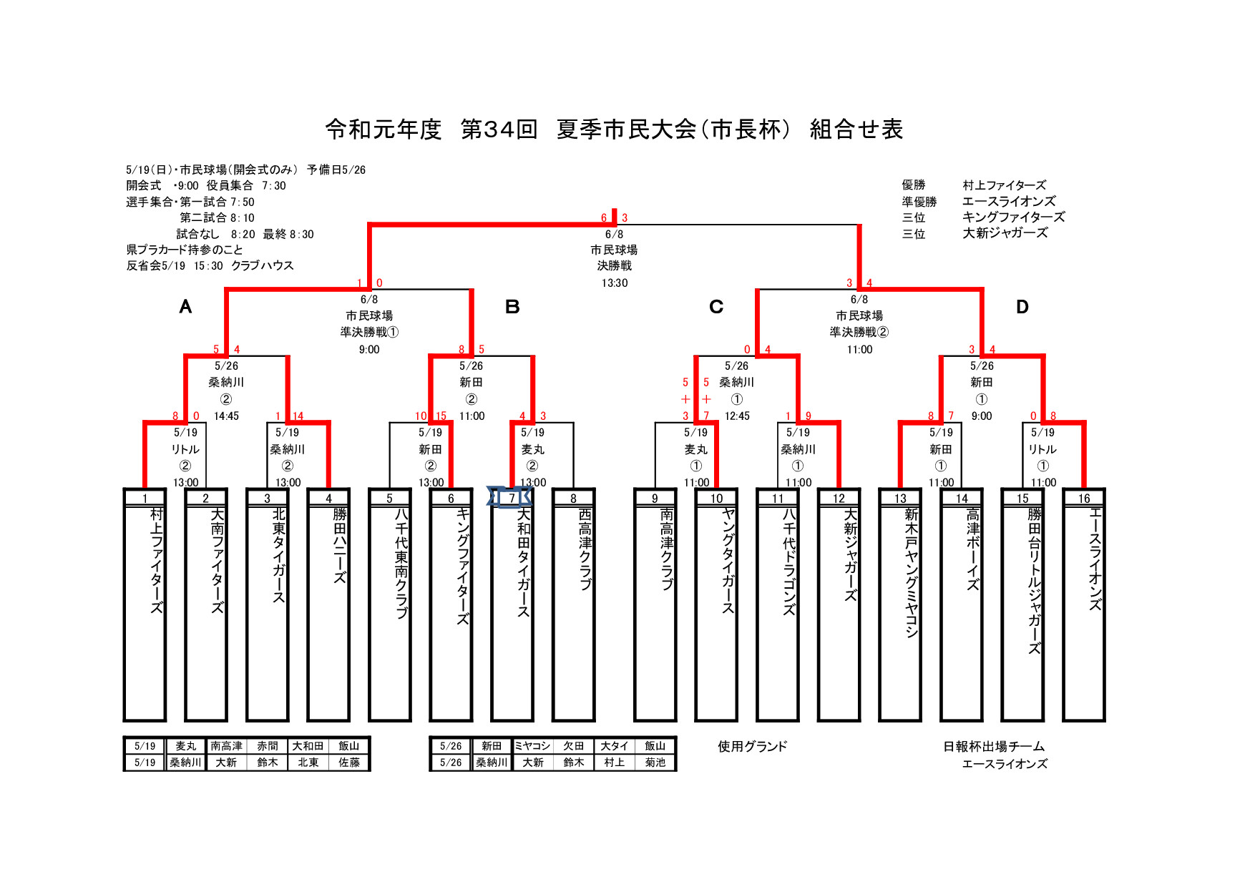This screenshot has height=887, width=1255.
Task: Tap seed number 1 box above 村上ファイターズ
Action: click(145, 498)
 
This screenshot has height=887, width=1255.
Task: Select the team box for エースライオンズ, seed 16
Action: click(1084, 605)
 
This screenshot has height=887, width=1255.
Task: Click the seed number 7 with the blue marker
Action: click(512, 498)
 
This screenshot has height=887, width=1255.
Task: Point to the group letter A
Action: click(185, 307)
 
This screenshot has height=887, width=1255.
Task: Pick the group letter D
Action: click(1022, 307)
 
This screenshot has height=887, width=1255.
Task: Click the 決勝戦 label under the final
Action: click(615, 266)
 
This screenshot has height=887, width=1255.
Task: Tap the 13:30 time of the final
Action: click(615, 283)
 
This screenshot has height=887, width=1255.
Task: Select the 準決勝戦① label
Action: click(369, 332)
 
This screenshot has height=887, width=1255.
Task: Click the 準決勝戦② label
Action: click(859, 332)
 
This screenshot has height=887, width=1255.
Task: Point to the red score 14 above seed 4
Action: click(298, 416)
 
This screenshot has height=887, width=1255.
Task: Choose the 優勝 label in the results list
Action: click(914, 185)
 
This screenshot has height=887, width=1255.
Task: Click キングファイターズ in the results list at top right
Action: click(1013, 217)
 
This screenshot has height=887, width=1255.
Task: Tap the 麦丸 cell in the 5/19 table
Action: click(185, 746)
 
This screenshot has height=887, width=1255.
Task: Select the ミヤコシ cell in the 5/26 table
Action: click(532, 746)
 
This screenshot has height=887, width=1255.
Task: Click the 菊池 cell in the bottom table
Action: click(655, 763)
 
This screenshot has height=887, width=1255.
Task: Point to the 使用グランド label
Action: click(753, 747)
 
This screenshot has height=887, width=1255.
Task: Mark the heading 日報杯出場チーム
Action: click(994, 747)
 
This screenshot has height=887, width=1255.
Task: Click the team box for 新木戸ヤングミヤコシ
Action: click(900, 605)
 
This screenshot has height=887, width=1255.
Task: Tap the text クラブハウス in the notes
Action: click(263, 265)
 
